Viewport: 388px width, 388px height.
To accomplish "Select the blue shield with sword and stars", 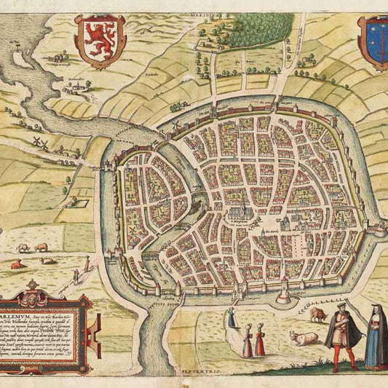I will click(x=374, y=43).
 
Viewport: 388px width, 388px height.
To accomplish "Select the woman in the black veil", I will click(x=376, y=336).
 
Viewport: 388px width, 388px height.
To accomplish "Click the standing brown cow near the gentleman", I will click(x=318, y=314).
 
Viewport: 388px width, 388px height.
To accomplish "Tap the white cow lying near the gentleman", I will click(x=304, y=338).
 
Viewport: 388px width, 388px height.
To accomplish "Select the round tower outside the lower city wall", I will click(x=282, y=296).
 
